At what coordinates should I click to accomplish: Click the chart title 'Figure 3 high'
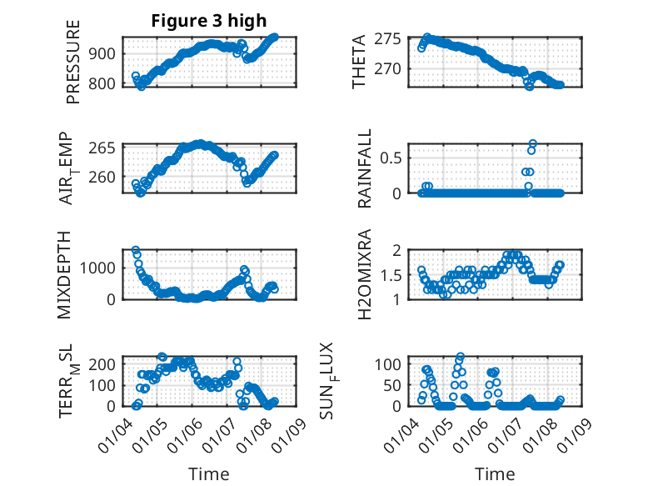[x=209, y=22]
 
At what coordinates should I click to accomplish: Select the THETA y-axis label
[x=359, y=62]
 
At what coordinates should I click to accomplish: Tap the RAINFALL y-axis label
[x=364, y=168]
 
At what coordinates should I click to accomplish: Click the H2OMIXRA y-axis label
[x=364, y=274]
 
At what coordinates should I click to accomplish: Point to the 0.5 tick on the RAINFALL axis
[x=396, y=157]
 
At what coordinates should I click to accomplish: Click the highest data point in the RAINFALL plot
[x=532, y=143]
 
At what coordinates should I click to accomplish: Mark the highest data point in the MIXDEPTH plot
[x=136, y=250]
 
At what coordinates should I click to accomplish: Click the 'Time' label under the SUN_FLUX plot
[x=495, y=473]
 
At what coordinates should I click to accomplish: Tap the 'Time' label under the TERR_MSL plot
[x=209, y=473]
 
